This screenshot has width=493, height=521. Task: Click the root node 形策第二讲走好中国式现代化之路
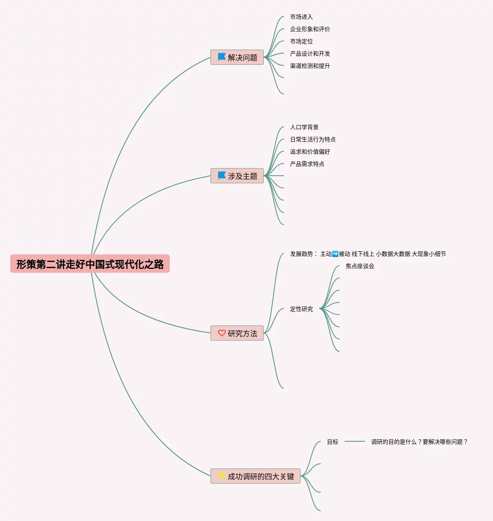click(x=90, y=264)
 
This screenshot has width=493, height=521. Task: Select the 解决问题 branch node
click(x=237, y=58)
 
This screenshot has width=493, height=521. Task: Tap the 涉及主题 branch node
click(x=237, y=176)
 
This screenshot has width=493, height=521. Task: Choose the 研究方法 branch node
click(x=237, y=333)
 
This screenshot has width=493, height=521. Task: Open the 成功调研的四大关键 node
click(x=256, y=476)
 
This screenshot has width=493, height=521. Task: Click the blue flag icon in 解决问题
click(x=222, y=57)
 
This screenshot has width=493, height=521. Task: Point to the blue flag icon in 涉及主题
click(x=222, y=176)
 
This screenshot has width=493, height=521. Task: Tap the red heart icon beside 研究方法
click(x=222, y=333)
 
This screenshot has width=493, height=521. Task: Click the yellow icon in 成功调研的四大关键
click(x=222, y=476)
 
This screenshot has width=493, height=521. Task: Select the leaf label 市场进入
click(x=301, y=17)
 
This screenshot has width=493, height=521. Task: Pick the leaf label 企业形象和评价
click(x=310, y=29)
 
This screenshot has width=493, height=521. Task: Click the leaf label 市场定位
click(x=301, y=41)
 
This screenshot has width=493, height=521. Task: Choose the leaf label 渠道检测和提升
click(x=310, y=66)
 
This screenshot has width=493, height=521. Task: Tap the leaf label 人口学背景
click(x=304, y=127)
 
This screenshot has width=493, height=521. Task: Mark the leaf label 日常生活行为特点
click(x=313, y=139)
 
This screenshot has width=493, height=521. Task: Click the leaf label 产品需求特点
click(x=307, y=164)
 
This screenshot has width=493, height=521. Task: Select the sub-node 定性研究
click(x=301, y=309)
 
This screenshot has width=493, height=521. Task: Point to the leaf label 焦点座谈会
click(x=360, y=266)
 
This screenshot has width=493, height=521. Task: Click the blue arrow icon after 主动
click(x=335, y=254)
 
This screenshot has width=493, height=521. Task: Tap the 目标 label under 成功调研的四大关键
click(x=333, y=442)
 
